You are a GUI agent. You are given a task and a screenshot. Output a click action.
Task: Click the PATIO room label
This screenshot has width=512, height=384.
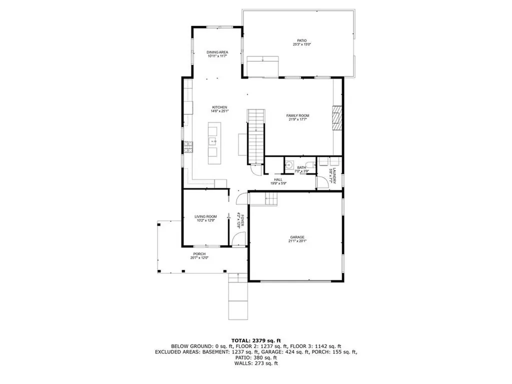click(x=301, y=40)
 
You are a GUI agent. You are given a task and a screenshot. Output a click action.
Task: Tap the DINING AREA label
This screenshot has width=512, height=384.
click(x=217, y=52)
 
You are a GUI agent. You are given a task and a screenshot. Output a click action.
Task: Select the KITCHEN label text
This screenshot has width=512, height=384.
click(x=219, y=107)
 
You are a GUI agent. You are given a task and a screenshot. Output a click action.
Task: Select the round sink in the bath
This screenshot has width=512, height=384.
click(x=289, y=164)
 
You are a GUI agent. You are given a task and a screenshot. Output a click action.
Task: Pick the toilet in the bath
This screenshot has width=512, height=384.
click(x=310, y=165)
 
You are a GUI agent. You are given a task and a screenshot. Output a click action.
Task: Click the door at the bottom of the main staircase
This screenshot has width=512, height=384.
click(x=255, y=171)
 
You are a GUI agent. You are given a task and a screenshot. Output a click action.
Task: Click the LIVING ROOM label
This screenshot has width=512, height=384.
click(x=205, y=216)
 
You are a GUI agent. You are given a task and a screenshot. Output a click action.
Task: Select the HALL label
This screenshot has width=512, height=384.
click(x=278, y=179)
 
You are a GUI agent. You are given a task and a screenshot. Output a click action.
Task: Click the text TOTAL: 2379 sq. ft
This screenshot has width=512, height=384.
click(x=256, y=340)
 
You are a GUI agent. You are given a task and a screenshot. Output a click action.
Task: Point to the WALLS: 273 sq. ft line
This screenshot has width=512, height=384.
click(x=256, y=363)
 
